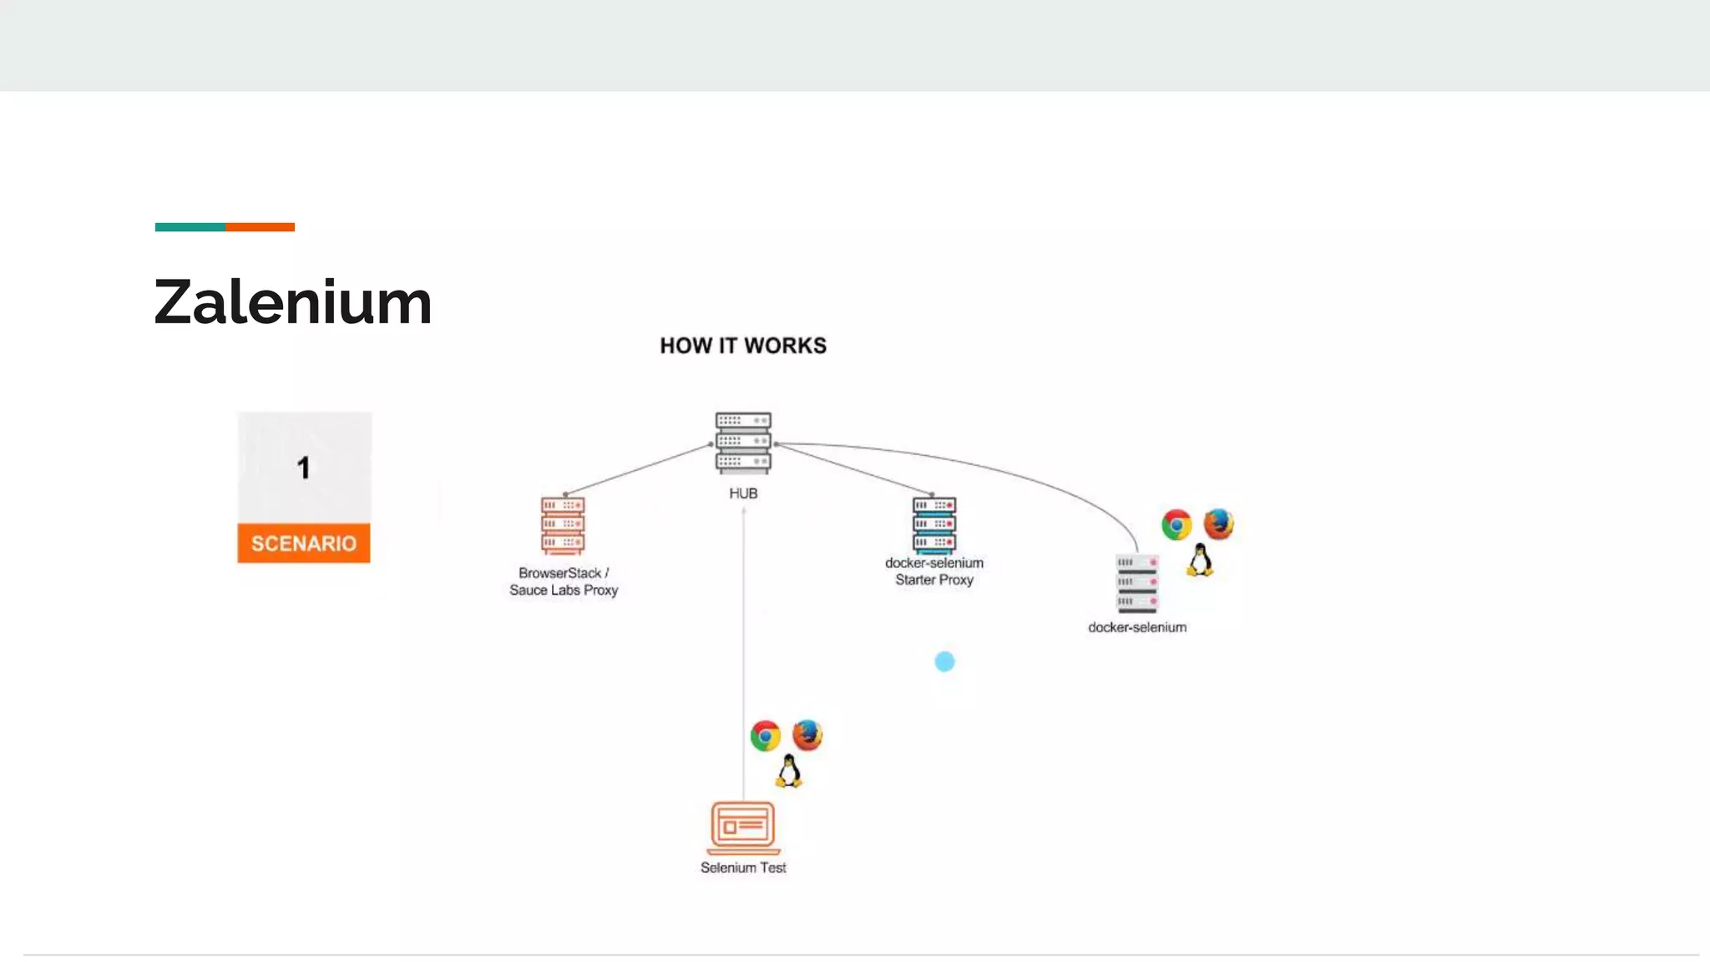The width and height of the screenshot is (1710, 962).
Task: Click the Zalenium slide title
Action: tap(293, 302)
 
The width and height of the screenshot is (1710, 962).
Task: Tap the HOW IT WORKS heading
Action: tap(743, 346)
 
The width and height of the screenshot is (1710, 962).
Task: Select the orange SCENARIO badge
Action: tap(304, 544)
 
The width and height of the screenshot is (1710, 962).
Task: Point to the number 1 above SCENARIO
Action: tap(304, 468)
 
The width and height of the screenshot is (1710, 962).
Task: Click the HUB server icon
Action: tap(743, 443)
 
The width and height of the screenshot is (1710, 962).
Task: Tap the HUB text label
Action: tap(743, 494)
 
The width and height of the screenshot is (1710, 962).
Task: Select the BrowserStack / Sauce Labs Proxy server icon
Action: tap(563, 526)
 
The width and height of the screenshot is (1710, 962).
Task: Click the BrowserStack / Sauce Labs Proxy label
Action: tap(564, 581)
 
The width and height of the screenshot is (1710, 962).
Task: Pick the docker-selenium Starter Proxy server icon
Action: tap(934, 525)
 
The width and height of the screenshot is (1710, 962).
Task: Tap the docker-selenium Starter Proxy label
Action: tap(934, 571)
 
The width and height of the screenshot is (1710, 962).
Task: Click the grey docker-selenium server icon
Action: tap(1136, 583)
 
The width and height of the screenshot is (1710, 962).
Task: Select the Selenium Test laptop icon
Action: tap(743, 828)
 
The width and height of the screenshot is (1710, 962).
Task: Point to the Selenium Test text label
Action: tap(743, 868)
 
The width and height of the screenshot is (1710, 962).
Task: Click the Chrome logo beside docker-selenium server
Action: tap(1176, 525)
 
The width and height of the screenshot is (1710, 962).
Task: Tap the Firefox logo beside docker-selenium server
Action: tap(1218, 524)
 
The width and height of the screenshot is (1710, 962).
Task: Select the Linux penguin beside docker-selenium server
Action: tap(1200, 560)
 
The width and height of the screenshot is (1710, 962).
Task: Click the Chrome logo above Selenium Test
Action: tap(765, 736)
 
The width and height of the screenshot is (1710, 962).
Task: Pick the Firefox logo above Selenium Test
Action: tap(807, 735)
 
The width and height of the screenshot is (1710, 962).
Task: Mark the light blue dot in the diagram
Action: tap(944, 661)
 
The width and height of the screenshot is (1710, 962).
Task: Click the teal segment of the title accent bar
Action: tap(190, 227)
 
